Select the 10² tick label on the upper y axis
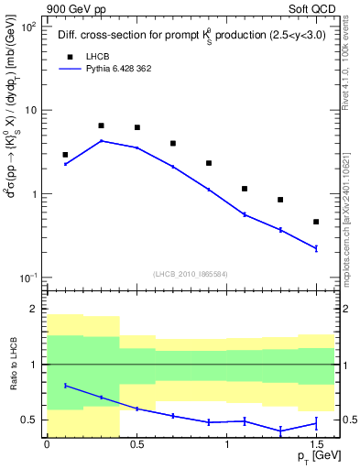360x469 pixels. tap(27, 27)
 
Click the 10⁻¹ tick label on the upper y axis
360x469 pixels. tap(27, 278)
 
